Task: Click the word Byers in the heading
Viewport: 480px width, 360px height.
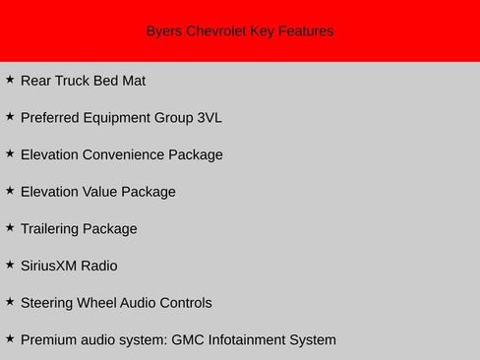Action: click(163, 31)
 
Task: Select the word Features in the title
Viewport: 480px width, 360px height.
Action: click(306, 31)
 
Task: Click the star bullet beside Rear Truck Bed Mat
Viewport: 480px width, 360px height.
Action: click(10, 79)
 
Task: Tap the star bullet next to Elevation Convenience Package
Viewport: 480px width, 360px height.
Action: click(10, 152)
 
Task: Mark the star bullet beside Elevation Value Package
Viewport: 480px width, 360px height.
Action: click(10, 190)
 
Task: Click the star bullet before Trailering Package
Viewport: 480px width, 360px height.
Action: click(10, 227)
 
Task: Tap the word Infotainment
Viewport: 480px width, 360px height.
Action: click(253, 340)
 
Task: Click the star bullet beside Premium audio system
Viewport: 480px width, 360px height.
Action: click(10, 338)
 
